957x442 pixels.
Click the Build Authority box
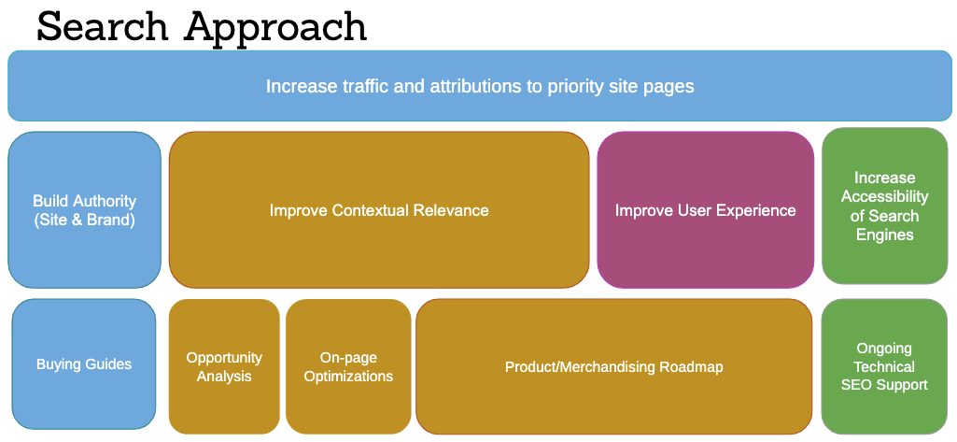[85, 209]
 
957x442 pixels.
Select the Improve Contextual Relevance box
[379, 209]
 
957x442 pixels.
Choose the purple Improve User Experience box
[706, 209]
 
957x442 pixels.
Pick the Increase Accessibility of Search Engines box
[885, 206]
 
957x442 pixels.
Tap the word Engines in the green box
[885, 235]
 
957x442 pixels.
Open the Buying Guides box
[84, 364]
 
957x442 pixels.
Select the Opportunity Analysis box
[224, 366]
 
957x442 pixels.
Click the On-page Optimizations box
[348, 366]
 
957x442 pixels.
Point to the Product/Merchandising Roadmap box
[614, 366]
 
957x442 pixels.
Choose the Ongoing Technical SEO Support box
[885, 366]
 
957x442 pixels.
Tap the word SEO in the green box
[855, 385]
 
